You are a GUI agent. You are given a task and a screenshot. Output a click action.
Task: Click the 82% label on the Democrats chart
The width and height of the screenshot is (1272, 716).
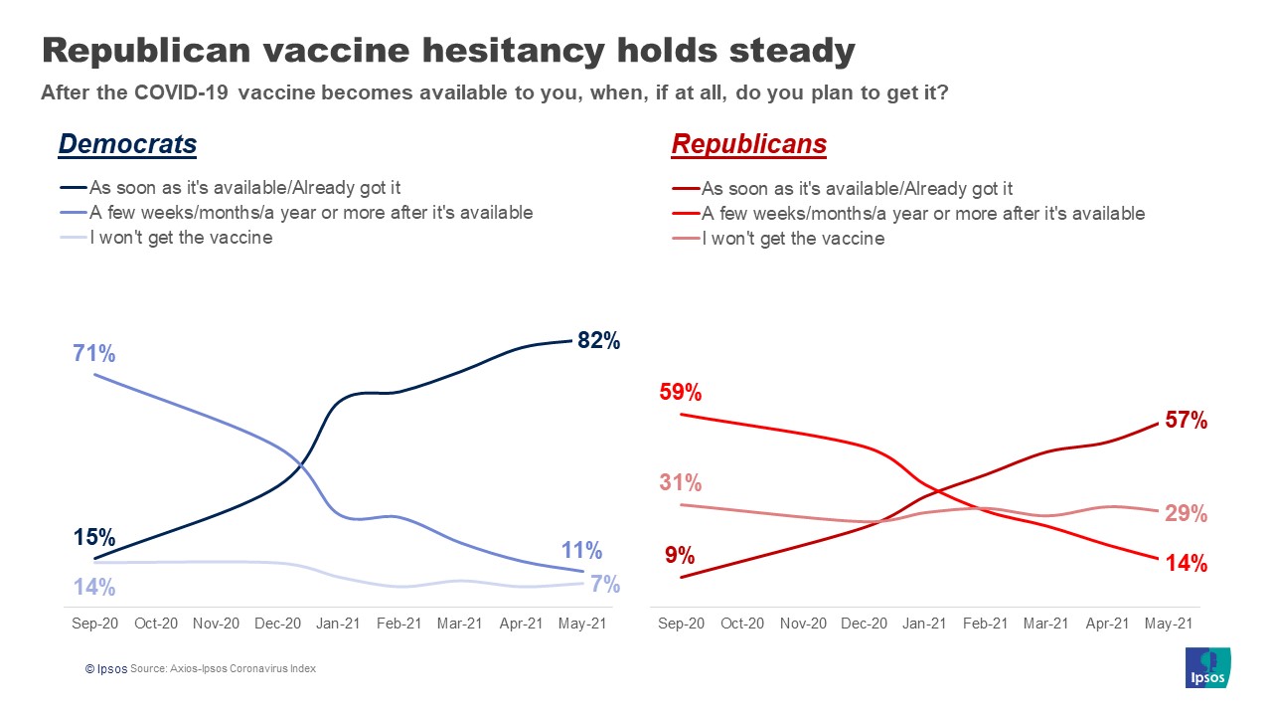(x=598, y=341)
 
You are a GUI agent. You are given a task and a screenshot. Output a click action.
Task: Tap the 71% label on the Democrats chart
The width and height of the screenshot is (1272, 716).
(x=94, y=353)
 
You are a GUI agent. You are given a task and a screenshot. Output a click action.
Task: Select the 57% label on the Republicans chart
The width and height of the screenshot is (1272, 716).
(x=1186, y=421)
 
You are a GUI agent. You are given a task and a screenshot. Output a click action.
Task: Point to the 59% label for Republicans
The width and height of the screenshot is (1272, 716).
(x=681, y=392)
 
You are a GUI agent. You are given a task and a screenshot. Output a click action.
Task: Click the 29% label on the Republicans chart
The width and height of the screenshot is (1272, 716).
(x=1186, y=514)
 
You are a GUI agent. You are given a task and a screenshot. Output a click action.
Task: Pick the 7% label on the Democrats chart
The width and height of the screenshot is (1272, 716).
(x=604, y=584)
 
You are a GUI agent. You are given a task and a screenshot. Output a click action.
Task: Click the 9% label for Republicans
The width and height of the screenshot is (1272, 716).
(x=680, y=555)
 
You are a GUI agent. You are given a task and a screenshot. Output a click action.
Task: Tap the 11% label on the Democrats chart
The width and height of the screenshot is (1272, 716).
(x=581, y=550)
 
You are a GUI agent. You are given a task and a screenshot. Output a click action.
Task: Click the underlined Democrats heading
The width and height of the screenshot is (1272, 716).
(x=127, y=144)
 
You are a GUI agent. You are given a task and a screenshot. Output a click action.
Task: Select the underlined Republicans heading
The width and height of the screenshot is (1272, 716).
(x=748, y=144)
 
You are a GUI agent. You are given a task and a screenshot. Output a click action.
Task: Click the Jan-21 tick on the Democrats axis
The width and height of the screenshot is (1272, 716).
(x=338, y=624)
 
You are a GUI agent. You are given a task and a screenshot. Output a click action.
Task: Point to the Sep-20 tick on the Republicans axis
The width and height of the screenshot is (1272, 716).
(x=681, y=624)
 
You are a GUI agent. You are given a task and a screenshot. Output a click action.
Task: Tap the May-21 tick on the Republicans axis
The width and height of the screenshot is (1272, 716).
(x=1169, y=624)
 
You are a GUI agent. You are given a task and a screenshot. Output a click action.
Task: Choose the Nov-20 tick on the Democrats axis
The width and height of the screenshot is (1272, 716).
(x=216, y=624)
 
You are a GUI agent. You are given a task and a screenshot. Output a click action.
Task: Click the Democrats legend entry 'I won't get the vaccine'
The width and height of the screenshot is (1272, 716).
(x=180, y=238)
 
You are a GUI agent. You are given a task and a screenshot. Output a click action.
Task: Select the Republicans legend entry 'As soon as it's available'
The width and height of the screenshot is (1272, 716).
(x=857, y=188)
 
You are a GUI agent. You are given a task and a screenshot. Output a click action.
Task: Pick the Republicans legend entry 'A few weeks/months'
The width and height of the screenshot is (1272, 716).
(x=922, y=213)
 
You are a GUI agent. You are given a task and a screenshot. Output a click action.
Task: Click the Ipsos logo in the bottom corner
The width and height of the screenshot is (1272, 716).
(x=1208, y=667)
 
